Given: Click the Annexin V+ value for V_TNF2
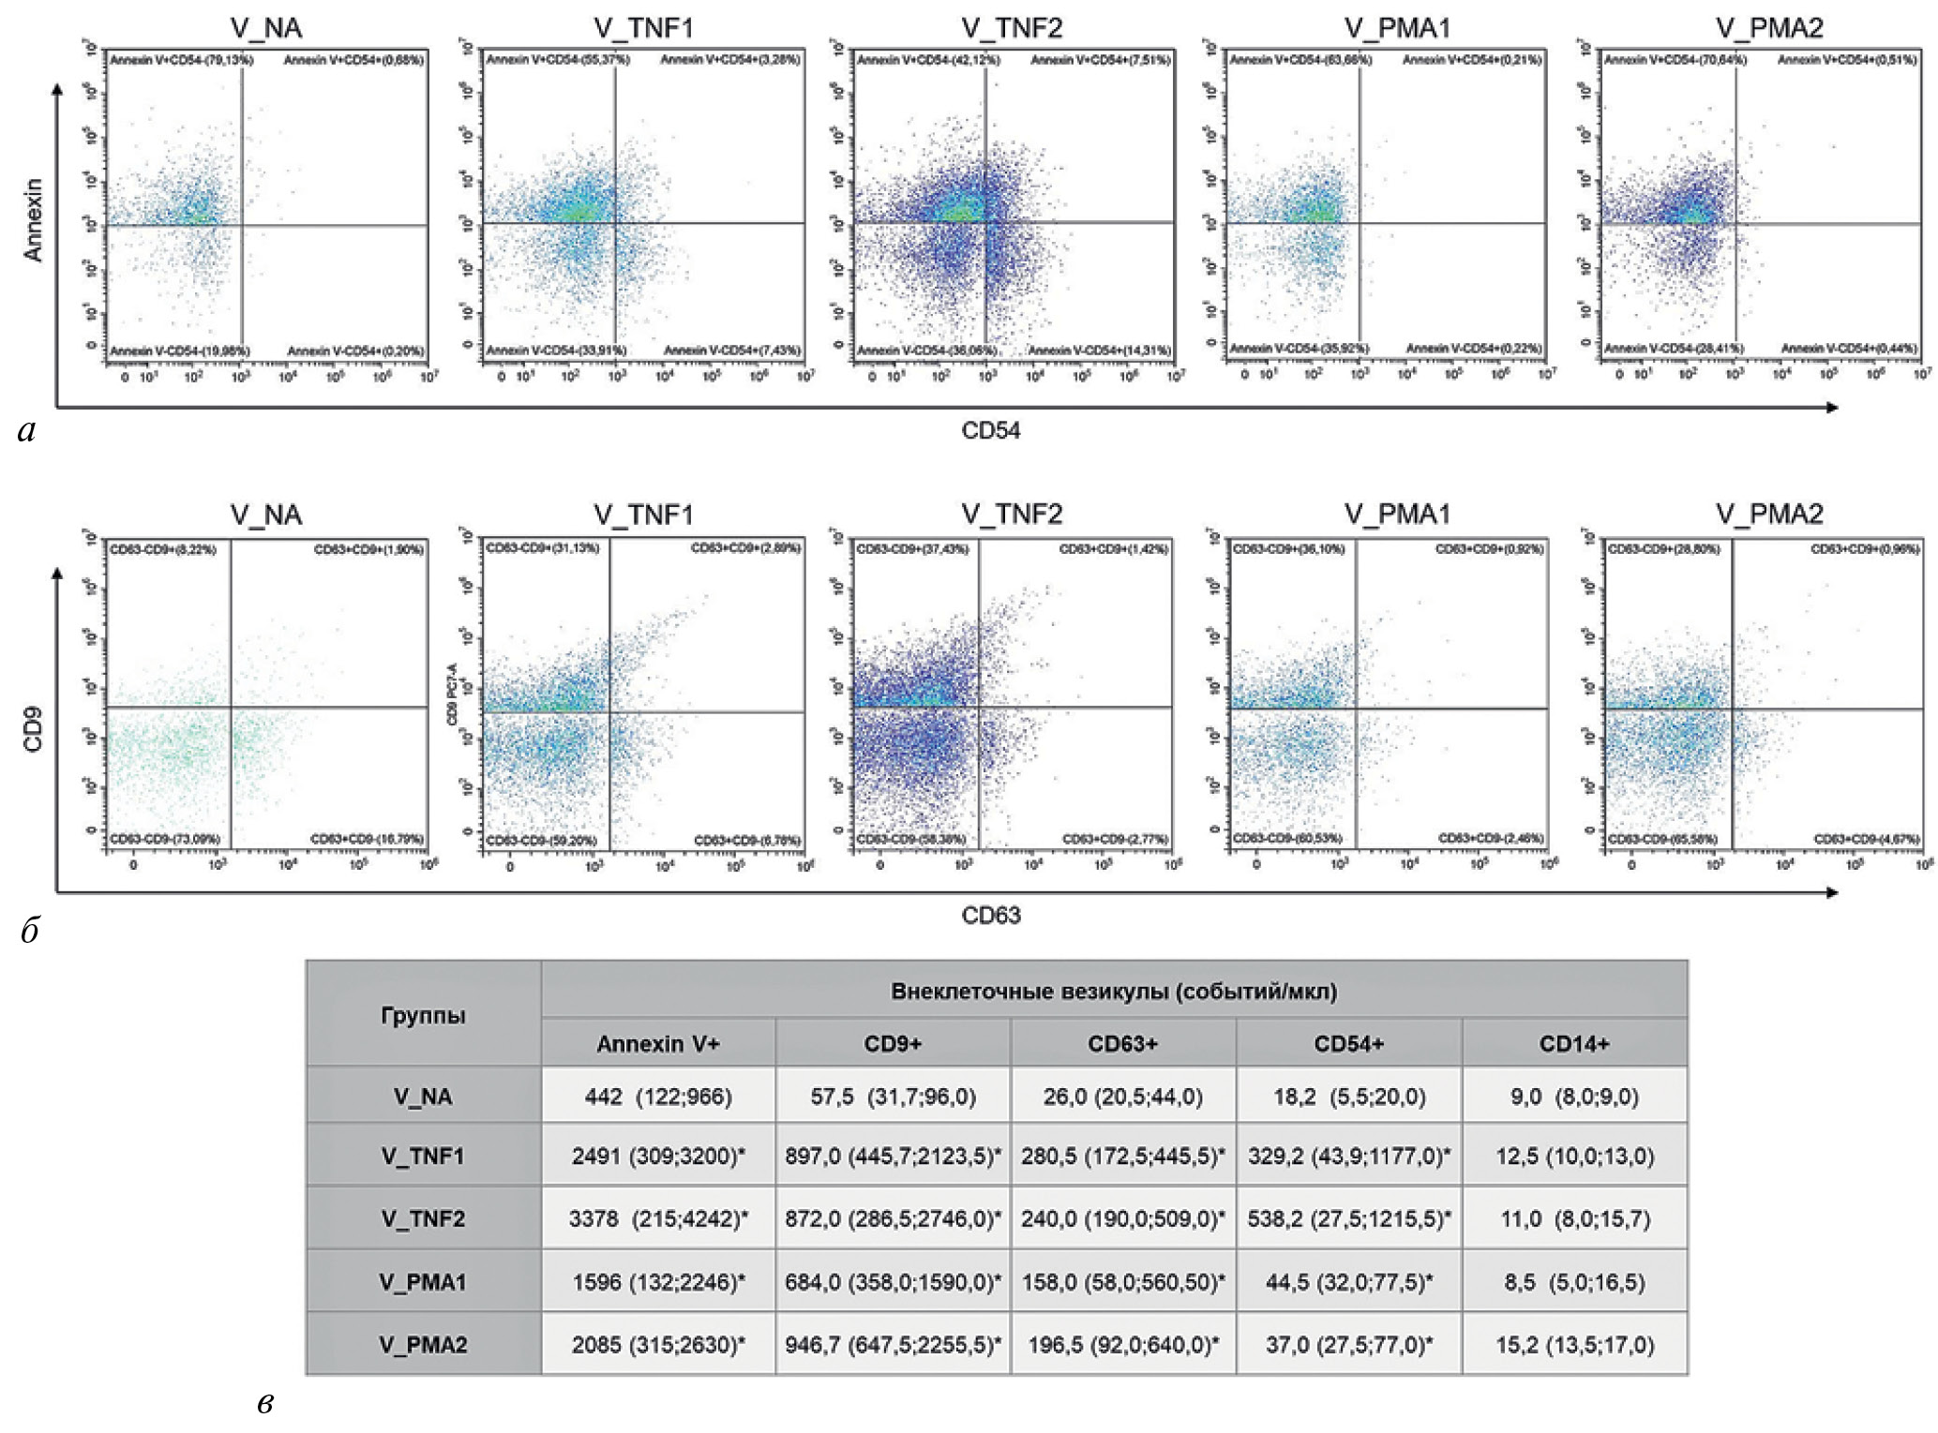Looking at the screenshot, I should pyautogui.click(x=658, y=1218).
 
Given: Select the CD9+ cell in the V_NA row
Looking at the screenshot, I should pyautogui.click(x=893, y=1097).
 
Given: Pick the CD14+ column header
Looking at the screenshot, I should pyautogui.click(x=1573, y=1044).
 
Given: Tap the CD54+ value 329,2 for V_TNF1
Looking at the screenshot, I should pyautogui.click(x=1348, y=1156).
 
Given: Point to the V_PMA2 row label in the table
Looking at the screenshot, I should pyautogui.click(x=423, y=1345).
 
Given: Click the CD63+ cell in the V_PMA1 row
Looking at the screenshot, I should pyautogui.click(x=1122, y=1282).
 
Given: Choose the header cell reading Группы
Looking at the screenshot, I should pyautogui.click(x=423, y=1016).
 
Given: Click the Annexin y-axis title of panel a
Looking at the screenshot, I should pyautogui.click(x=34, y=220).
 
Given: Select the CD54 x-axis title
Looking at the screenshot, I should pyautogui.click(x=990, y=430).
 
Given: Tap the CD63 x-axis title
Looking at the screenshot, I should pyautogui.click(x=990, y=916).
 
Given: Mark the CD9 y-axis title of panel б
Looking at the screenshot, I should pyautogui.click(x=34, y=730).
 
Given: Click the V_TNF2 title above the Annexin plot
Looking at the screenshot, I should pyautogui.click(x=1012, y=29).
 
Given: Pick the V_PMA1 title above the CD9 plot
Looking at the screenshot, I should pyautogui.click(x=1396, y=515).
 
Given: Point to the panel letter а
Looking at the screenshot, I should pyautogui.click(x=27, y=430).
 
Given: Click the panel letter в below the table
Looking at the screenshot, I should pyautogui.click(x=265, y=1403).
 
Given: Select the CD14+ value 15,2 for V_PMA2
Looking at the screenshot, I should pyautogui.click(x=1573, y=1345).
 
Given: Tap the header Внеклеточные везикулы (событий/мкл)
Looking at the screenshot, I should pyautogui.click(x=1113, y=991).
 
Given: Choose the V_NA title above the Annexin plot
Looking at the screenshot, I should pyautogui.click(x=266, y=29).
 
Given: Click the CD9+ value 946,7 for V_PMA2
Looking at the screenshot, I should pyautogui.click(x=893, y=1345).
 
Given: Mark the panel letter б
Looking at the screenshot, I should pyautogui.click(x=29, y=930).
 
